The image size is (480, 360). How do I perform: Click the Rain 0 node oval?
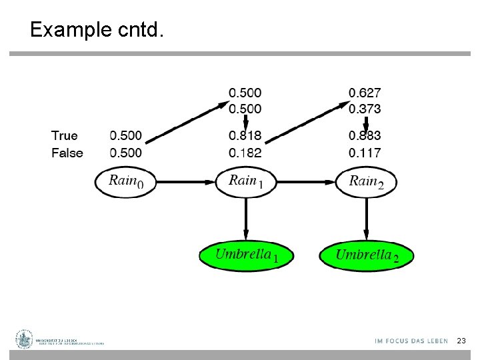(x=126, y=181)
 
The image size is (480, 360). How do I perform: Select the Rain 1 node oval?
(x=246, y=181)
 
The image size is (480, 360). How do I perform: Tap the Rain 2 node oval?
(x=366, y=181)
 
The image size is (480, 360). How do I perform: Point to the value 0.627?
(x=365, y=93)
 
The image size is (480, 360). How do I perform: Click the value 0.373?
(x=365, y=108)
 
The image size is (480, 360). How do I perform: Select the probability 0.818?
(x=245, y=136)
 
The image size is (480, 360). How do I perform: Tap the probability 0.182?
(x=245, y=153)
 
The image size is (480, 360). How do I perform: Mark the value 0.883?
(x=365, y=136)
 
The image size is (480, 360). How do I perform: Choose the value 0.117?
(x=365, y=153)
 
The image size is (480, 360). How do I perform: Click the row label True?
(x=65, y=136)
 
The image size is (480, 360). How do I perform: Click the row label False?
(x=67, y=153)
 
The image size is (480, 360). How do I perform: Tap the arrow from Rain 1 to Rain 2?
(x=306, y=181)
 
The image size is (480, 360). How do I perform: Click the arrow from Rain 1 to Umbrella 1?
(x=246, y=219)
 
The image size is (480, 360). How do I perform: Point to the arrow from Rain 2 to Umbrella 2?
(x=366, y=219)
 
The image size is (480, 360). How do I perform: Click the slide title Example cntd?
(x=96, y=30)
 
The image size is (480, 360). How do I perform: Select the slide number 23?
(x=461, y=341)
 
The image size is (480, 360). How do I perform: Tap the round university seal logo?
(x=25, y=339)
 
